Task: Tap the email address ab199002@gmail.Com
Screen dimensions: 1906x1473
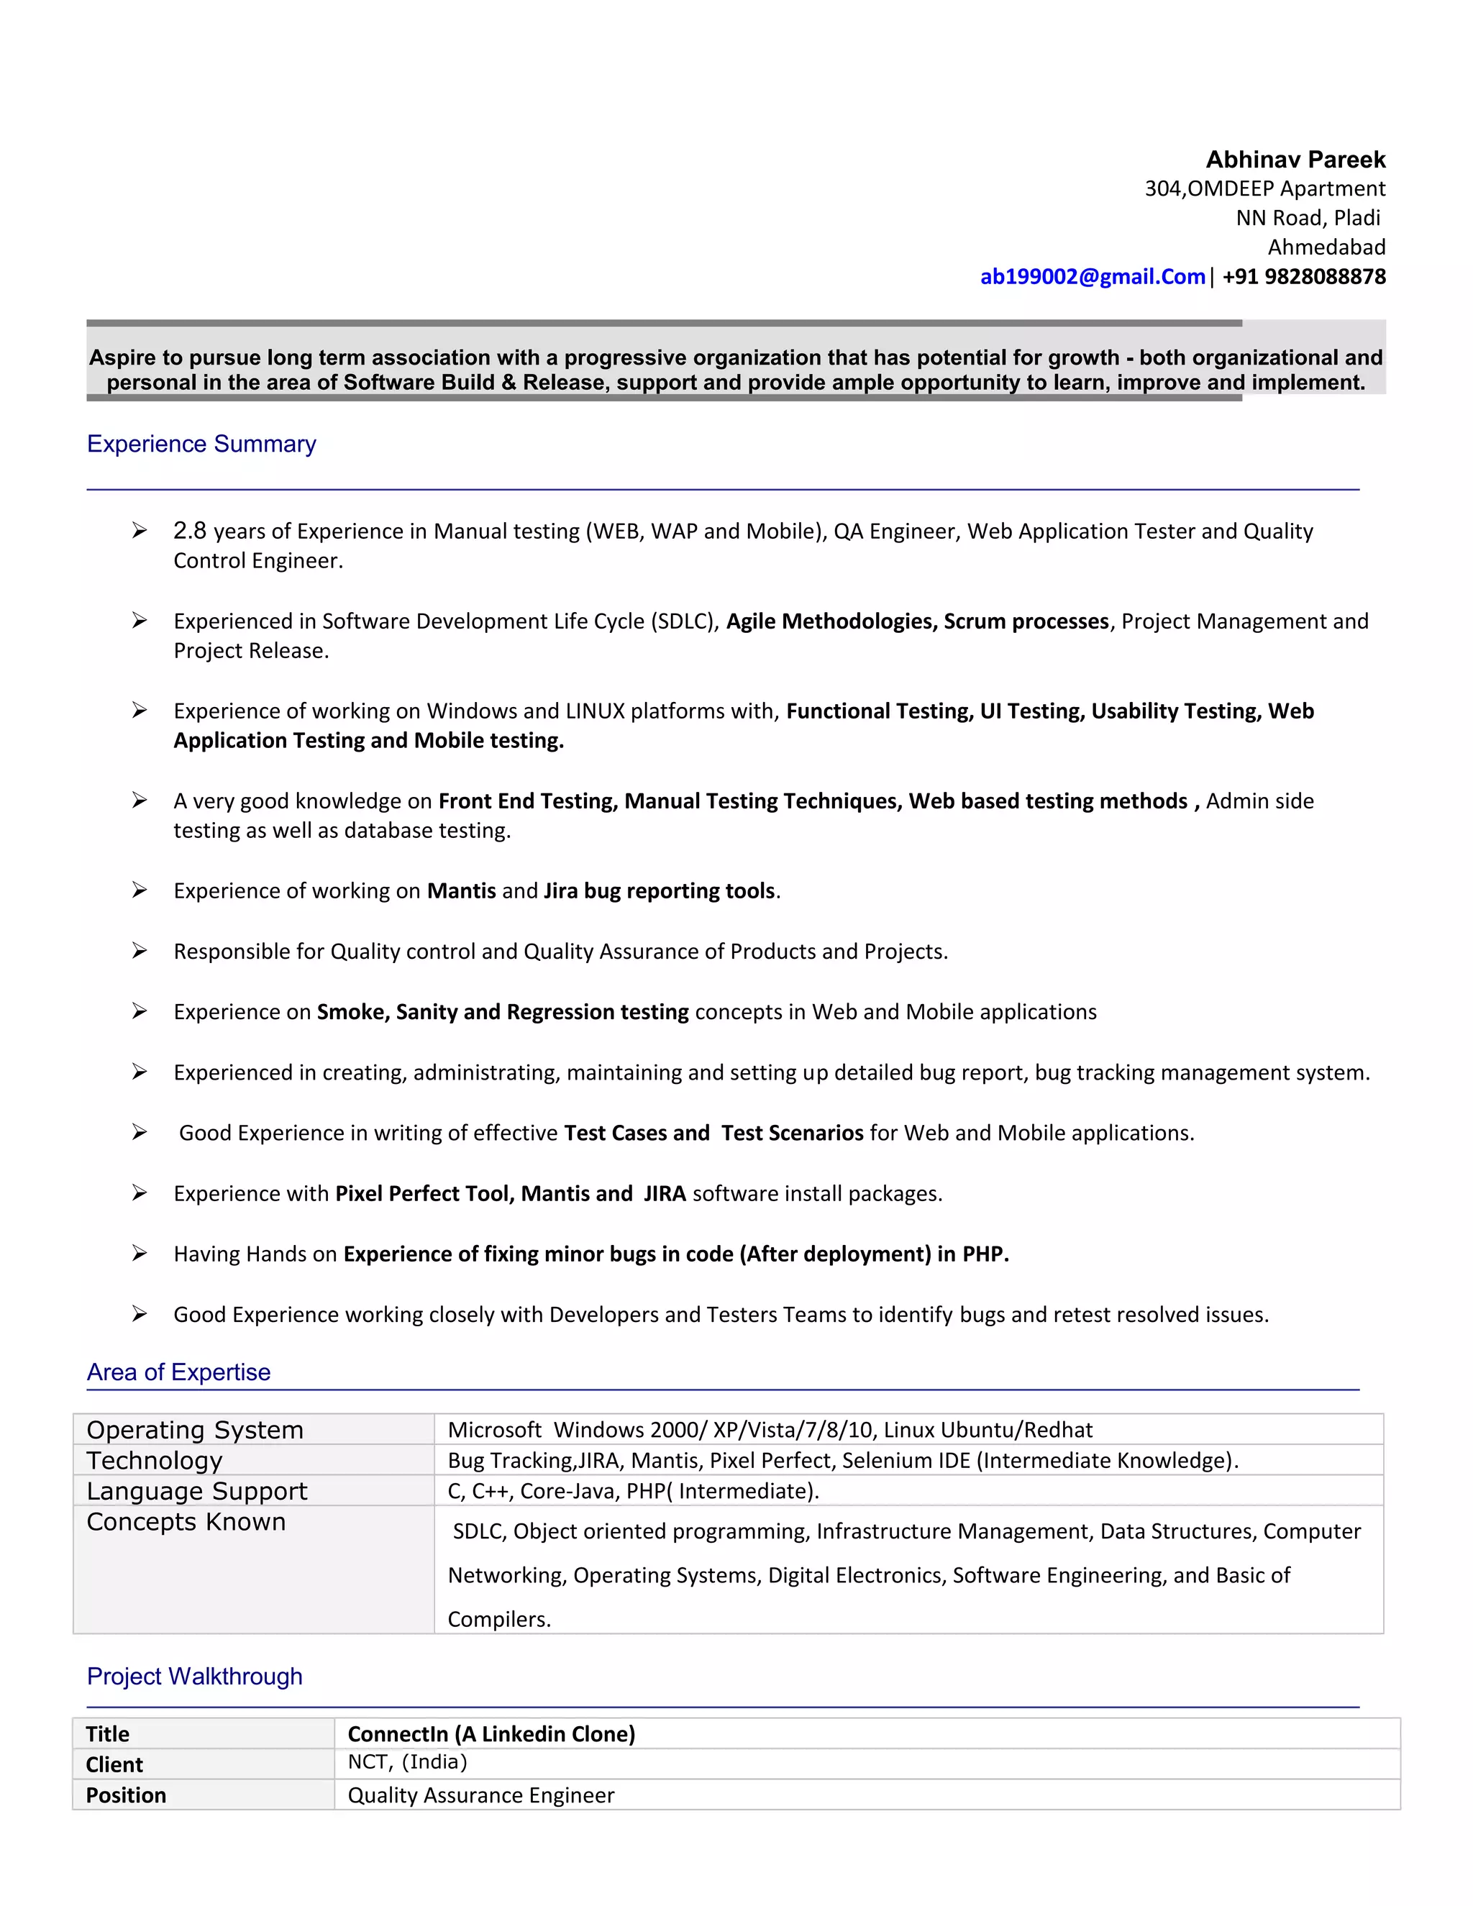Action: pos(1092,277)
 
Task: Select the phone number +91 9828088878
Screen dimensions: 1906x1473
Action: pos(1304,277)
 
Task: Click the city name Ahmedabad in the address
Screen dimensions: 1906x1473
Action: pos(1326,247)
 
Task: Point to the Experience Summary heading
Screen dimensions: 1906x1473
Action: pos(201,444)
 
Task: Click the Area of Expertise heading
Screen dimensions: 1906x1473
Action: pos(179,1372)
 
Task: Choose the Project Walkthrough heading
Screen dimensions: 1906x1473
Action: pos(195,1676)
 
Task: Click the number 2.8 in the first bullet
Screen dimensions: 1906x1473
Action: pos(189,531)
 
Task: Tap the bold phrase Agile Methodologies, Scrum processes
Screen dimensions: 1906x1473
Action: pos(917,621)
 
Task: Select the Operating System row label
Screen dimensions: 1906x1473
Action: pos(196,1430)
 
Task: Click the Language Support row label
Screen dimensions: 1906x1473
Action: pos(197,1490)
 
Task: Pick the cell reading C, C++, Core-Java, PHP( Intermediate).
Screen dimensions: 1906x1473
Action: pos(634,1490)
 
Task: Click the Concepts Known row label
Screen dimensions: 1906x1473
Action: pos(186,1521)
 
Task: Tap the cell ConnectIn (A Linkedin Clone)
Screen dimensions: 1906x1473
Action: pos(491,1733)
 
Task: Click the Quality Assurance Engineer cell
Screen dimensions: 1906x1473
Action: pos(481,1795)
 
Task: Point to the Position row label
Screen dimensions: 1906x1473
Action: pos(126,1795)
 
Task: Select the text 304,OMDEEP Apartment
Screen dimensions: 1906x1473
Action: pos(1264,188)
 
